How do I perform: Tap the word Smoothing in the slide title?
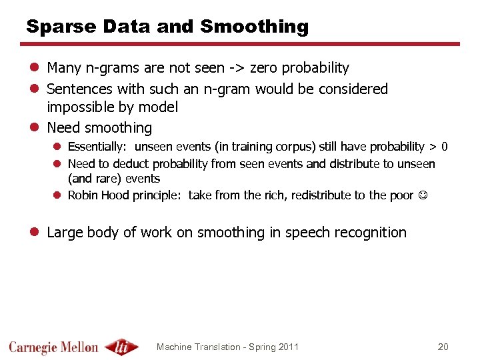254,27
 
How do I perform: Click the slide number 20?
443,347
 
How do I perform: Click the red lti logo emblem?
121,347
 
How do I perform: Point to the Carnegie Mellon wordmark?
53,347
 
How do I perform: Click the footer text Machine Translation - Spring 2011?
227,347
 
